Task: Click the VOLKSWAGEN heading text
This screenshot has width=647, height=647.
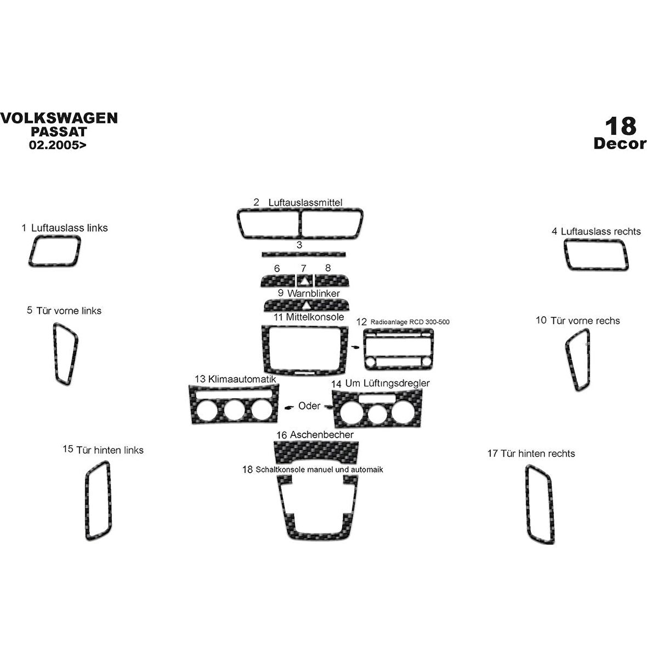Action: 58,118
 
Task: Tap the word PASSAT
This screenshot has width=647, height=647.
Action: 58,132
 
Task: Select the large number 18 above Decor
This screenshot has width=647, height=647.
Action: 621,127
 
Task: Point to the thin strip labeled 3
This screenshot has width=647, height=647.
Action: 304,254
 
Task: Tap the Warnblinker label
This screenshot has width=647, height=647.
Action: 313,294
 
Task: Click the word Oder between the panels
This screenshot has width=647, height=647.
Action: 309,406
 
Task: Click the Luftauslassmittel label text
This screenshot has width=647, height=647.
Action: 305,203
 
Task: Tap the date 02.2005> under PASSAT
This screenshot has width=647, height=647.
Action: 58,145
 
